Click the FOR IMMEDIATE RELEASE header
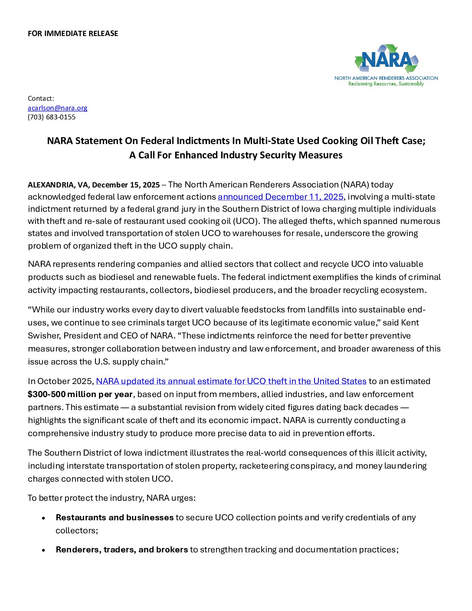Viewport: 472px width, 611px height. point(73,33)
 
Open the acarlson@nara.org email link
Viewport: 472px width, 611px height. point(58,108)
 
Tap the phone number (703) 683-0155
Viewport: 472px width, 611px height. point(52,117)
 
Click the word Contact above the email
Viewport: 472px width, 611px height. point(40,99)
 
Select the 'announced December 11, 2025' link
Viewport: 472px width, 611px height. point(280,197)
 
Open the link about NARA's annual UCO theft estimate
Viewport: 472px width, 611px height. point(231,381)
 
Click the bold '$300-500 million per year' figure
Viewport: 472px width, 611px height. point(80,394)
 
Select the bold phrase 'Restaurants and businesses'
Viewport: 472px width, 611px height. point(115,518)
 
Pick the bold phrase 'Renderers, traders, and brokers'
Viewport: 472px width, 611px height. point(121,550)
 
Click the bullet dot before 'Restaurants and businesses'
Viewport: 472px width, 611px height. point(43,518)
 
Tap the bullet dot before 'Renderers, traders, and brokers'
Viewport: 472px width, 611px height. point(43,550)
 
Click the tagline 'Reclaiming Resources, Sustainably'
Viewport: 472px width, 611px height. point(386,84)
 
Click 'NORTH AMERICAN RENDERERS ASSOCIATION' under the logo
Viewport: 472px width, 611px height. point(386,78)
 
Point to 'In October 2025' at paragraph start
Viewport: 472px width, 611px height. point(60,381)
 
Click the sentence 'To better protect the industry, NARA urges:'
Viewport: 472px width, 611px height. point(111,498)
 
